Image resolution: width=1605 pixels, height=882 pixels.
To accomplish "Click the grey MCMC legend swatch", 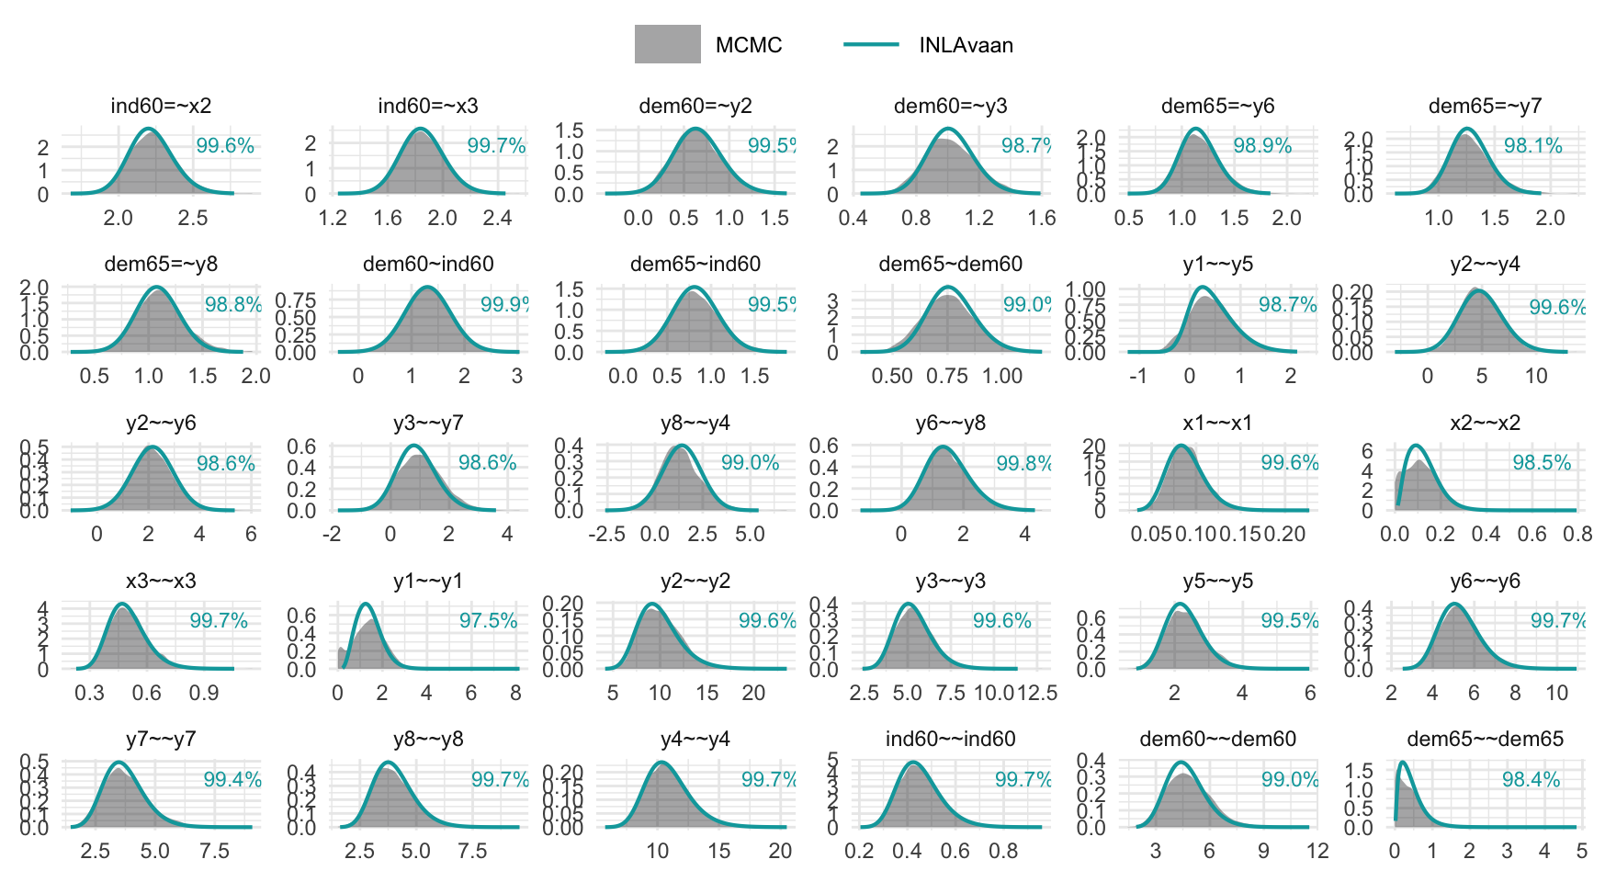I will point(667,44).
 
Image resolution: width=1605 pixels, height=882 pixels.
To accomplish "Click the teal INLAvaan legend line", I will point(870,44).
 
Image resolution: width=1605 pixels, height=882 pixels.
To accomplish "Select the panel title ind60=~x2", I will point(161,106).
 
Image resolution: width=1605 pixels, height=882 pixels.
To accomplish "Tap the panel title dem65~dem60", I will point(950,265).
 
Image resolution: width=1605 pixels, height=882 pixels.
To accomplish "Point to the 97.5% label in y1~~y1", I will point(488,621).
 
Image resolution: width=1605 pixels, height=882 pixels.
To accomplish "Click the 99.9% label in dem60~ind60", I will point(503,304).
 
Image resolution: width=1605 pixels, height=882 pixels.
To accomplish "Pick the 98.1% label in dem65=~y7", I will point(1532,145).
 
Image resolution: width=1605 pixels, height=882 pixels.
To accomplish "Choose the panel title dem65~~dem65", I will point(1485,740).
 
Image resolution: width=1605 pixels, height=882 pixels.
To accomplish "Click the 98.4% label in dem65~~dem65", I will point(1531,780).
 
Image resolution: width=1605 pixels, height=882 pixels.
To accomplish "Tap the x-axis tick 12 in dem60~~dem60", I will point(1317,851).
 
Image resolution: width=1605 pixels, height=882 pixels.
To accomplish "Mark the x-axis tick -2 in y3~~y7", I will point(332,534).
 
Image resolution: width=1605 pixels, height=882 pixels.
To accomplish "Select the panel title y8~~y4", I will point(695,424).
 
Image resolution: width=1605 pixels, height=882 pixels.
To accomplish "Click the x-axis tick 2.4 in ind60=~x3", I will point(498,218).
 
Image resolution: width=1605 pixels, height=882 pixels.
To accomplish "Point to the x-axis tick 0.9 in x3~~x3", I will point(204,693).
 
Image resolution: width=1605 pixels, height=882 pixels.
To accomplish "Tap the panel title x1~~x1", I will point(1217,424).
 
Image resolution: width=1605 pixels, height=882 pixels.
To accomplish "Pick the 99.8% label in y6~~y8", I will point(1023,463).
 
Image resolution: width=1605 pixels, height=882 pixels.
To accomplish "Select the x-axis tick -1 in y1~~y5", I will point(1137,376).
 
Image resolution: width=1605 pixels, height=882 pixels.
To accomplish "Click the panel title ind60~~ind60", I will point(950,740).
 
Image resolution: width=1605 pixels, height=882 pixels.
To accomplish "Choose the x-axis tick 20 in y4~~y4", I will point(780,851).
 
